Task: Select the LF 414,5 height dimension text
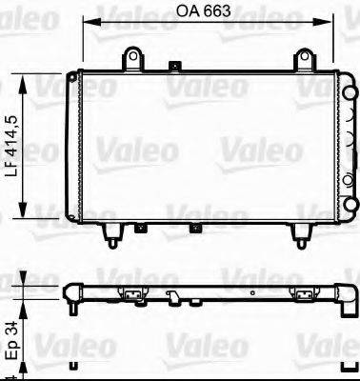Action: coord(12,148)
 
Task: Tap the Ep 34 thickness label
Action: coord(12,349)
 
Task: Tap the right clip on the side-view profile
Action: coord(305,293)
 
